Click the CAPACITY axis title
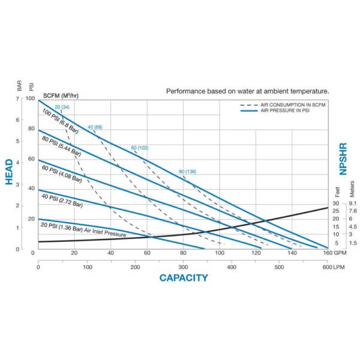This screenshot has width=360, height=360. (184, 278)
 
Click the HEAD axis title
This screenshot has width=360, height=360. (9, 172)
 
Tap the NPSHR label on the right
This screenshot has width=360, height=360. (343, 159)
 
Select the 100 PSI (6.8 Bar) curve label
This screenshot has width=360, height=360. (61, 121)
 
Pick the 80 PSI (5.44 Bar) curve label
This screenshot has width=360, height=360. (61, 146)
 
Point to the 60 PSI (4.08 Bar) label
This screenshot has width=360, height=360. (62, 174)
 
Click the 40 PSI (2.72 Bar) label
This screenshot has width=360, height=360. (62, 200)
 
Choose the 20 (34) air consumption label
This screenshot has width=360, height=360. (62, 107)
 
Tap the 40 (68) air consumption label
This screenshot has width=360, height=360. (95, 127)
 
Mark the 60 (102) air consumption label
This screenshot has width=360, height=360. (140, 148)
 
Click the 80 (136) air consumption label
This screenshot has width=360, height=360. (188, 172)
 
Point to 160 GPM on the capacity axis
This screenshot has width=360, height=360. (335, 253)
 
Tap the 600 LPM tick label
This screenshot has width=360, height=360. (334, 267)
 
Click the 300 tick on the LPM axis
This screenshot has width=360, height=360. (183, 267)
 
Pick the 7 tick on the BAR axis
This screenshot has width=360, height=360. (17, 98)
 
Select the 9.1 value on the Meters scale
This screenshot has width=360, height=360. (353, 203)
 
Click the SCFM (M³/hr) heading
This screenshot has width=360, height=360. (61, 95)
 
